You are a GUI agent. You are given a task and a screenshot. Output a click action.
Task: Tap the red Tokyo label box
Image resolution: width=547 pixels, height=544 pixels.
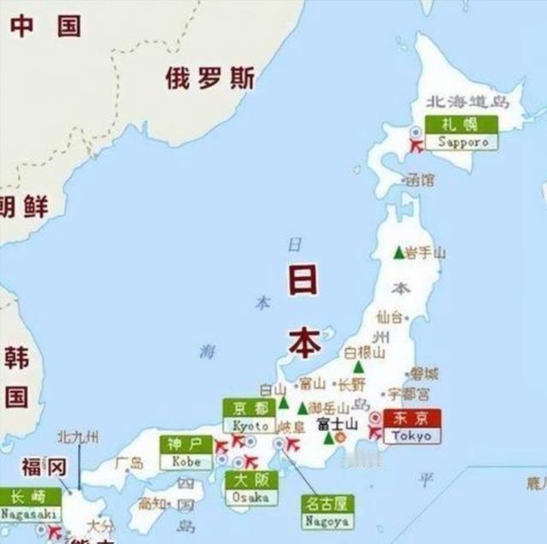pyautogui.click(x=412, y=426)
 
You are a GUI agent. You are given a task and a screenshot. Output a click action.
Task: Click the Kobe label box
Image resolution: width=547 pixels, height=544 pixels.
pyautogui.click(x=186, y=452)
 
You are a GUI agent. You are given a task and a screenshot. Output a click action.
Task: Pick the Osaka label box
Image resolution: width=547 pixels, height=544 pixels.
pyautogui.click(x=250, y=488)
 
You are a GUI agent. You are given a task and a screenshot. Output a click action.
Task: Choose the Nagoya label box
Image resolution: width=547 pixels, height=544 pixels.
pyautogui.click(x=328, y=511)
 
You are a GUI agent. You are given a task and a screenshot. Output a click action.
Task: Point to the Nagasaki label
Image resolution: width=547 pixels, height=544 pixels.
pyautogui.click(x=29, y=505)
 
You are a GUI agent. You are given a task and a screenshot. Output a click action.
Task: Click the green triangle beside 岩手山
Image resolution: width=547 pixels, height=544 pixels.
pyautogui.click(x=397, y=252)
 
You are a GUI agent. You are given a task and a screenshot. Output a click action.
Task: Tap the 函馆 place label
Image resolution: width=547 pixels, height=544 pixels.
pyautogui.click(x=419, y=180)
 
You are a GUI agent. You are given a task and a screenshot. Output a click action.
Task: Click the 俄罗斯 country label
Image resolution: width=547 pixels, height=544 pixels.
pyautogui.click(x=209, y=79)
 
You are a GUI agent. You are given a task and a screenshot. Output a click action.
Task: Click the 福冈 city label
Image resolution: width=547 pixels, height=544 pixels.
pyautogui.click(x=44, y=467)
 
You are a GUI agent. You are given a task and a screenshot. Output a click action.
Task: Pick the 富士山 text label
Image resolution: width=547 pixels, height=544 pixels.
pyautogui.click(x=337, y=424)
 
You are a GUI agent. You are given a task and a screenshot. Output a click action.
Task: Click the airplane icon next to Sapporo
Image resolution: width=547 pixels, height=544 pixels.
pyautogui.click(x=417, y=146)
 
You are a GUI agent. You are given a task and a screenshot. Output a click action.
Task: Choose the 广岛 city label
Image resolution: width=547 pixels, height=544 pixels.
pyautogui.click(x=131, y=464)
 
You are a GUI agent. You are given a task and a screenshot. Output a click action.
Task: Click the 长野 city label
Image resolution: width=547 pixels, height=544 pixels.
pyautogui.click(x=351, y=384)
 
